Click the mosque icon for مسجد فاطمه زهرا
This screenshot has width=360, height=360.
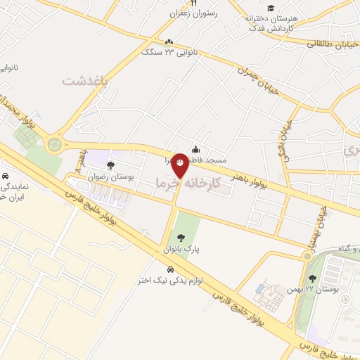point(195,149)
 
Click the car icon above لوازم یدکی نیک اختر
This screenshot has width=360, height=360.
point(170,269)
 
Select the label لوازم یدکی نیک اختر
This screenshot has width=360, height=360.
point(171,281)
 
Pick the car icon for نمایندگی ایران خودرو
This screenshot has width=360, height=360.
point(6,176)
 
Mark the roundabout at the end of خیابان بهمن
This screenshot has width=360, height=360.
point(307,255)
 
